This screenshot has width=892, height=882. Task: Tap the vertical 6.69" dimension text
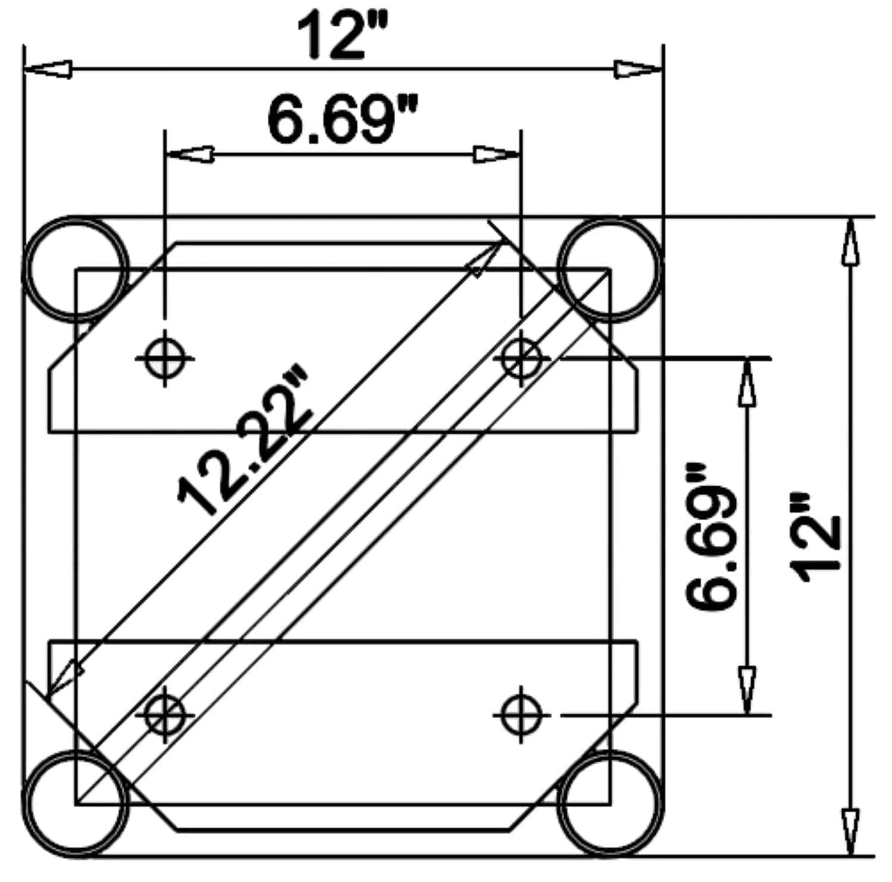point(712,536)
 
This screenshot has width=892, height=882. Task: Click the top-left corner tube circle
point(75,269)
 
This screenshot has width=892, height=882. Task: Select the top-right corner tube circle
point(610,269)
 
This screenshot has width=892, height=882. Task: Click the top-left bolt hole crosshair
point(164,358)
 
